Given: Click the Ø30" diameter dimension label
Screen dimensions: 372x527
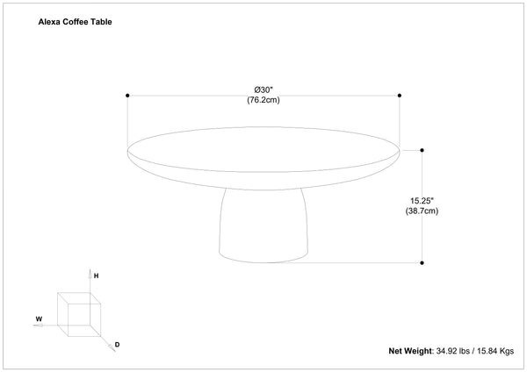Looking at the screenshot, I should pos(263,89).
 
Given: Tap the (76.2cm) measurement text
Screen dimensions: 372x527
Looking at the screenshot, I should pos(263,100).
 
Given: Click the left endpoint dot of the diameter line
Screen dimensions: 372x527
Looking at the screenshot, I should pos(128,95).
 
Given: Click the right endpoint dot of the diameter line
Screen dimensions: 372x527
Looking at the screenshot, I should pos(400,95).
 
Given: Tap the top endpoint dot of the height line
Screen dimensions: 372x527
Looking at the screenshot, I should pos(422,148).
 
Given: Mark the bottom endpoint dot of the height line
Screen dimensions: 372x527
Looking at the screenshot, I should pos(422,261).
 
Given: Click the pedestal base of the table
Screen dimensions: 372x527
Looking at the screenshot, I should pos(263,225).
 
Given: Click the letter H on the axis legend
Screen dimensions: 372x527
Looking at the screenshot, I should pos(96,276).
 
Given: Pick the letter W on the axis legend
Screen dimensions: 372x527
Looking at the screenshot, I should pos(39,319).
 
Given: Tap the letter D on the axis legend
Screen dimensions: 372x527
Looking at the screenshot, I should pos(117,344).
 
